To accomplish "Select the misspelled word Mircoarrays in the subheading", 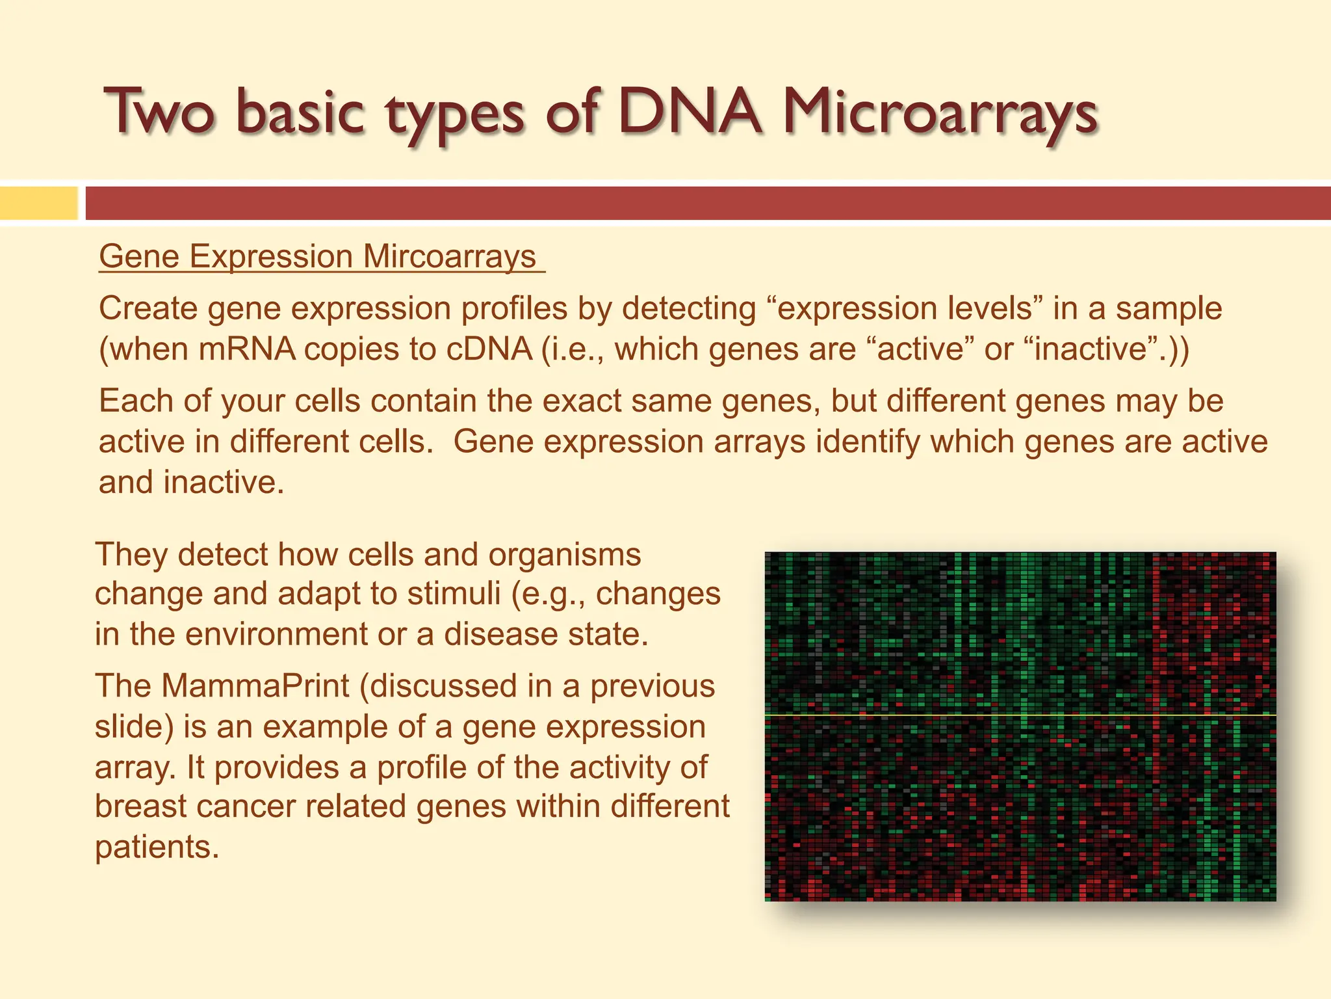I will (x=449, y=256).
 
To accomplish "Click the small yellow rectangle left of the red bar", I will (x=38, y=203).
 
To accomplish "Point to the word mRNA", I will (x=247, y=349).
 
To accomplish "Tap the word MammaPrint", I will (x=255, y=686).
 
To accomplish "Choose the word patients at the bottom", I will (x=156, y=847).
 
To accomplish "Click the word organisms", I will (x=564, y=555).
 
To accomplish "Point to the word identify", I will (x=868, y=442).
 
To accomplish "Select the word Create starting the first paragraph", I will (x=148, y=308).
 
